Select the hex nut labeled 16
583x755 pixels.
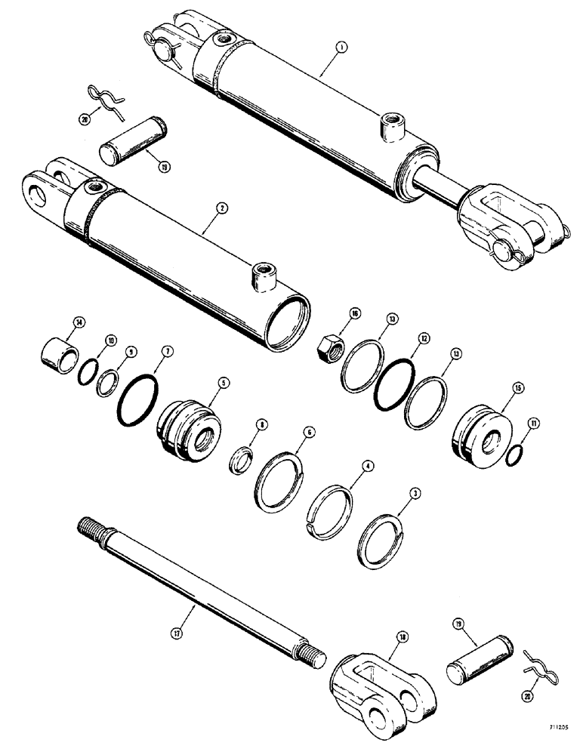[x=330, y=349]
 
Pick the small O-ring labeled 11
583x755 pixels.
[x=517, y=456]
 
